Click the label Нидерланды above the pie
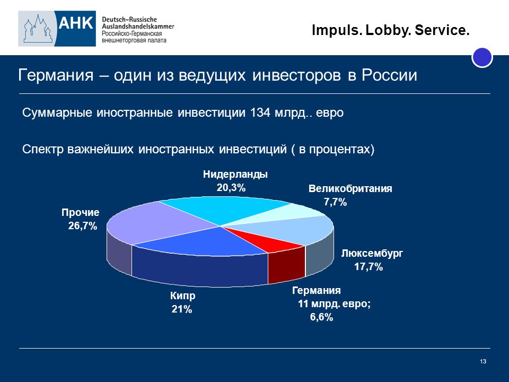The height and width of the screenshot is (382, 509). [235, 175]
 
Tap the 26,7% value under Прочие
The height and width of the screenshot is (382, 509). [83, 226]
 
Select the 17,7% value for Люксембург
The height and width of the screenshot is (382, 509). [368, 267]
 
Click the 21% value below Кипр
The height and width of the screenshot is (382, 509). [182, 309]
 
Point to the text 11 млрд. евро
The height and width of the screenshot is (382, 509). [334, 303]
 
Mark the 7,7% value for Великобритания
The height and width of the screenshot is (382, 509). [335, 202]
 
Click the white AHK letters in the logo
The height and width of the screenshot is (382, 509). [76, 23]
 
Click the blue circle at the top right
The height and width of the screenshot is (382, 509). [482, 57]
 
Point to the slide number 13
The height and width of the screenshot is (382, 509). [482, 361]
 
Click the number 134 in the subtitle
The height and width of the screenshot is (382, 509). [260, 112]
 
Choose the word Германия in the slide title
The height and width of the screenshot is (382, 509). [56, 75]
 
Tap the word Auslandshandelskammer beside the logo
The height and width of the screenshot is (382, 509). [138, 27]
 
